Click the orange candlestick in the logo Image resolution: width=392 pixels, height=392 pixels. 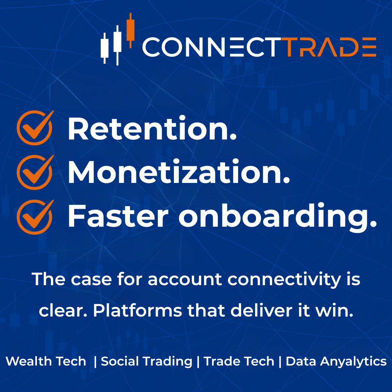(x=131, y=30)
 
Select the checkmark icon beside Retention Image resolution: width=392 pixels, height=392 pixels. (x=35, y=128)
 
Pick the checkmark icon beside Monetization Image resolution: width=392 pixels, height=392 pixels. (x=35, y=172)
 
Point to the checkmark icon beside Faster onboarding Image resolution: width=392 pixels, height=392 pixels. (x=35, y=217)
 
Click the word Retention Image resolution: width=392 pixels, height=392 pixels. (x=152, y=129)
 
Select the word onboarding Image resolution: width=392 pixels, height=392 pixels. (x=278, y=217)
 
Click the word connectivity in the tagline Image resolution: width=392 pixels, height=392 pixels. (x=284, y=280)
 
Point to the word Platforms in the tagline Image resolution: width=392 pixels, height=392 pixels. (x=137, y=311)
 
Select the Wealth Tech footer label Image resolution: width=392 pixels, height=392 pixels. (x=46, y=361)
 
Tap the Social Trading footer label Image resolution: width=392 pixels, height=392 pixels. (x=146, y=361)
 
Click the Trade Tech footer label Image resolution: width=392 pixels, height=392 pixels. (x=239, y=361)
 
